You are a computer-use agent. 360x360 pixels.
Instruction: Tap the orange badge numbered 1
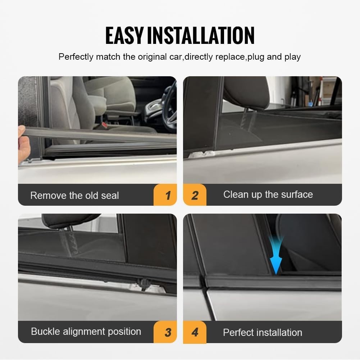point(167,195)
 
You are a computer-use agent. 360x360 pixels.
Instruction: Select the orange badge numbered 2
point(195,195)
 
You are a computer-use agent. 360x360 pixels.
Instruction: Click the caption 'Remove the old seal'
point(74,196)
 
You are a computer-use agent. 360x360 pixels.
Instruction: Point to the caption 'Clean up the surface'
point(268,195)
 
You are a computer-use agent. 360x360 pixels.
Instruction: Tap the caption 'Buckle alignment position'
point(86,332)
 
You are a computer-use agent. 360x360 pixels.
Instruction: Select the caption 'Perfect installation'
point(263,333)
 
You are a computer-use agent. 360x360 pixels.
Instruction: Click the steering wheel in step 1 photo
point(169,104)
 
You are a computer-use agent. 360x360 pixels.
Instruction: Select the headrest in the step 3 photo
point(70,220)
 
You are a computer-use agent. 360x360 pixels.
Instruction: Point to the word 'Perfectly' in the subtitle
point(76,57)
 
